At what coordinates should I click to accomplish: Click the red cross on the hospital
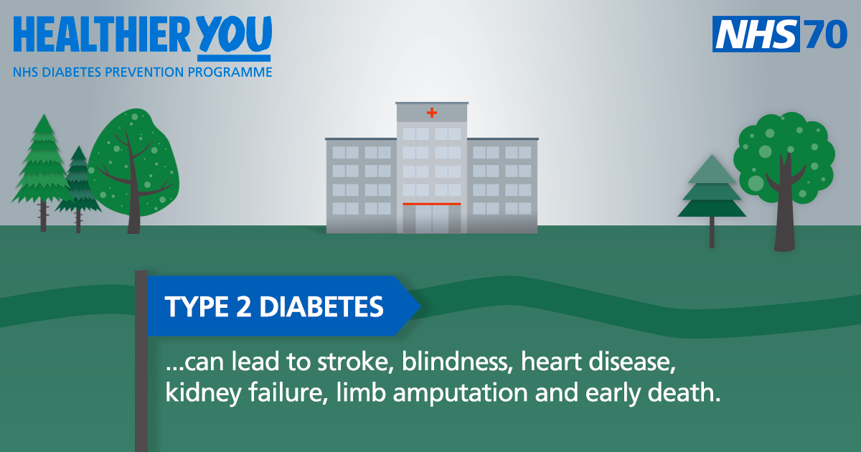coord(431,113)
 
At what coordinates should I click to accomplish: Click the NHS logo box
coord(756,34)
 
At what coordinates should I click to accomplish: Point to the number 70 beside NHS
coord(826,34)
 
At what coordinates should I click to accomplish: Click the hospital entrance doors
coord(431,219)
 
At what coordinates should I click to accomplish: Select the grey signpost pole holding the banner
coord(141,373)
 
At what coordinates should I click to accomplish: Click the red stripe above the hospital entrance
coord(431,204)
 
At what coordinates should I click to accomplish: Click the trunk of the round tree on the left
coord(133,208)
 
